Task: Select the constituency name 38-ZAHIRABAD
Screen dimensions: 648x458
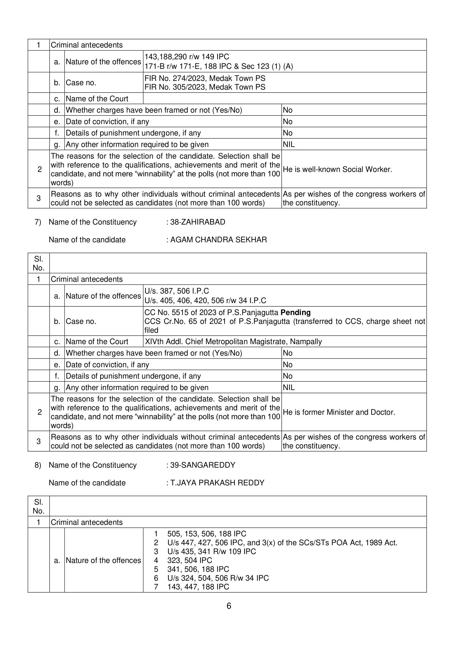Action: [x=197, y=222]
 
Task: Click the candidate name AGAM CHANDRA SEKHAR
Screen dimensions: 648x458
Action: [x=218, y=240]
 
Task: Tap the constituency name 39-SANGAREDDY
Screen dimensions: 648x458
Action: [x=203, y=465]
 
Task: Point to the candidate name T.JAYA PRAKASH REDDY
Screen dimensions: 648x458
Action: [x=217, y=483]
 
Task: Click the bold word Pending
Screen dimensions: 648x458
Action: [x=296, y=312]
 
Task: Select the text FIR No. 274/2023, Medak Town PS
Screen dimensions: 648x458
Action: [x=205, y=78]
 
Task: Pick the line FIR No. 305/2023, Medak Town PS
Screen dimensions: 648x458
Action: [x=205, y=87]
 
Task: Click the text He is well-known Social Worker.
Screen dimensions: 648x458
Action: [x=337, y=170]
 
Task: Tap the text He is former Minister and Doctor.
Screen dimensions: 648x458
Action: [x=339, y=412]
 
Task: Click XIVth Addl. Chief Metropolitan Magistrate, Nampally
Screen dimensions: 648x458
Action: [x=233, y=342]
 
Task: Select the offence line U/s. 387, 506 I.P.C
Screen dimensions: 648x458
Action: [x=177, y=291]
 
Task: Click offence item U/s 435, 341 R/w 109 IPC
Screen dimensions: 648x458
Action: [x=211, y=551]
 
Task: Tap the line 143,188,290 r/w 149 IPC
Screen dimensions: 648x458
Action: [x=187, y=57]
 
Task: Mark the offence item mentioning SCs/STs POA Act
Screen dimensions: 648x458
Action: [x=282, y=543]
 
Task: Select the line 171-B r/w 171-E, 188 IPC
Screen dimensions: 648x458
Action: [x=219, y=66]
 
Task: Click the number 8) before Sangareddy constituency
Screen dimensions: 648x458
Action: [x=38, y=465]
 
